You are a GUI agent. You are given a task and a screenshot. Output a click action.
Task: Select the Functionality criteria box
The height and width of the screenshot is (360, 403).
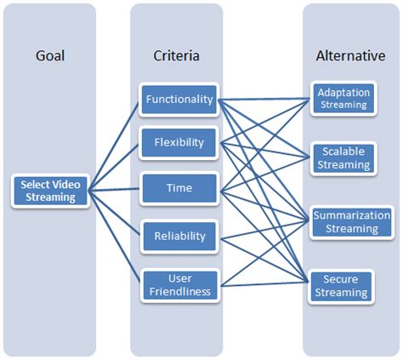click(179, 99)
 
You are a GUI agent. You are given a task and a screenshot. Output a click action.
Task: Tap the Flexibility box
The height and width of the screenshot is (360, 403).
click(179, 142)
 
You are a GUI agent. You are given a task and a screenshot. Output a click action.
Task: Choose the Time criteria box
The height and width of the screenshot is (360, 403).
click(179, 188)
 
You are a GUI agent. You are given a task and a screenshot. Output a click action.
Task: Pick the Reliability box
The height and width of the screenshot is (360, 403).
click(179, 234)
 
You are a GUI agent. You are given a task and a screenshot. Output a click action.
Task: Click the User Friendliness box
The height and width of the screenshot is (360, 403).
click(179, 284)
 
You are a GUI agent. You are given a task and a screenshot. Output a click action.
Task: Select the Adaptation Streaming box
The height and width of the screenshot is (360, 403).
click(342, 99)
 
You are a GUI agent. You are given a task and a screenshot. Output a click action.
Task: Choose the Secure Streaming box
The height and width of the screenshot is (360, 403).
click(342, 285)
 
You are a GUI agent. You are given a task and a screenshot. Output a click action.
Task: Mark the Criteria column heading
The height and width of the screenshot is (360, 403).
click(178, 56)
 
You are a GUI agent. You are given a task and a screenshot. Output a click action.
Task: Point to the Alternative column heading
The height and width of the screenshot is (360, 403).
click(350, 56)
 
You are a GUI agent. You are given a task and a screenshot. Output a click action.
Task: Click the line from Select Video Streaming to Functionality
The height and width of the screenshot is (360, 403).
click(115, 146)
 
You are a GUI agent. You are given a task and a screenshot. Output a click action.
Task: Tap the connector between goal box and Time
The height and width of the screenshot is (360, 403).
click(115, 189)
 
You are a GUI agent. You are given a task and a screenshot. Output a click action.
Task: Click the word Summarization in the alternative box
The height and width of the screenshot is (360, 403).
click(351, 214)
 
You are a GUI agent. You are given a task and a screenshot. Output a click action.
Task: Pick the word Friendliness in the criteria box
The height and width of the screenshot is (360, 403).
click(179, 292)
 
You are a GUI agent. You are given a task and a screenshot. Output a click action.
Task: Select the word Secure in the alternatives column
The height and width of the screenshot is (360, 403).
click(342, 278)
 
